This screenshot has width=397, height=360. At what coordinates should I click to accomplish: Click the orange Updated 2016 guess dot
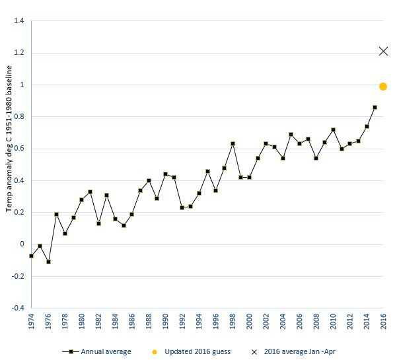click(x=383, y=87)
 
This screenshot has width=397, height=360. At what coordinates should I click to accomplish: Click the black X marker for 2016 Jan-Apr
click(x=383, y=51)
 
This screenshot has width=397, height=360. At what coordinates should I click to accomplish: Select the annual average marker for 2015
click(x=375, y=107)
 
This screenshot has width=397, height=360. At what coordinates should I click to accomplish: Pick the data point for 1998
click(x=233, y=143)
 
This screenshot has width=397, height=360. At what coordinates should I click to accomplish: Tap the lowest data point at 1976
click(x=48, y=262)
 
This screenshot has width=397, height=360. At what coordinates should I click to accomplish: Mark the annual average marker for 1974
click(x=31, y=256)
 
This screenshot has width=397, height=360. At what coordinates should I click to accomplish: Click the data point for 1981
click(x=90, y=192)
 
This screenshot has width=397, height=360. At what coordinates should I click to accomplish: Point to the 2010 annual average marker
click(x=333, y=129)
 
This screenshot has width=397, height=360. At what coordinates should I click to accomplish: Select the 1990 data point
click(x=165, y=174)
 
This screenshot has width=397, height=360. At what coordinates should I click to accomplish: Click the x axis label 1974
click(x=31, y=321)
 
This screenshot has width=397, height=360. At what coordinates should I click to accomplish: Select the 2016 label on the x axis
click(x=383, y=321)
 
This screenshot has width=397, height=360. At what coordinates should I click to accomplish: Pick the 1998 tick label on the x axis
click(x=233, y=321)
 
